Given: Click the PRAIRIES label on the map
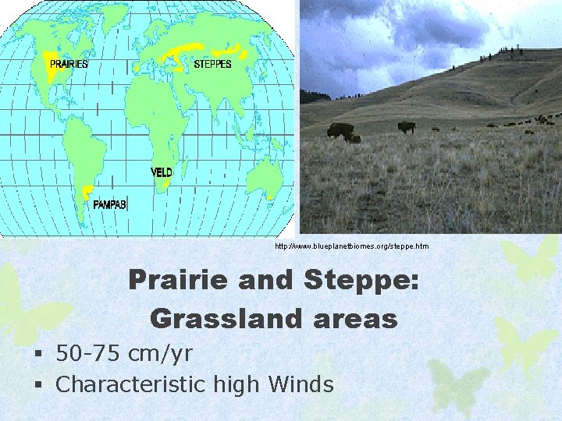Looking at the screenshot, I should tap(69, 64).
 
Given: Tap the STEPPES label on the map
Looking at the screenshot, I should tap(212, 64).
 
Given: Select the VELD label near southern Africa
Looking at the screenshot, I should tap(162, 172).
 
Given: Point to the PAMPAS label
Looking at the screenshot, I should tap(110, 204).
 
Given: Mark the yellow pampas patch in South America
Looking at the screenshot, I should tap(87, 191).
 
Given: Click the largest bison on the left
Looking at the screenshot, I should tap(340, 130).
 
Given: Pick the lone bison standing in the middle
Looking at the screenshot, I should tap(406, 126).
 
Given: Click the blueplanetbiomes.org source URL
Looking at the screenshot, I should tap(351, 246).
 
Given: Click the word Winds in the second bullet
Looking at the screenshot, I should tap(301, 384).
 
